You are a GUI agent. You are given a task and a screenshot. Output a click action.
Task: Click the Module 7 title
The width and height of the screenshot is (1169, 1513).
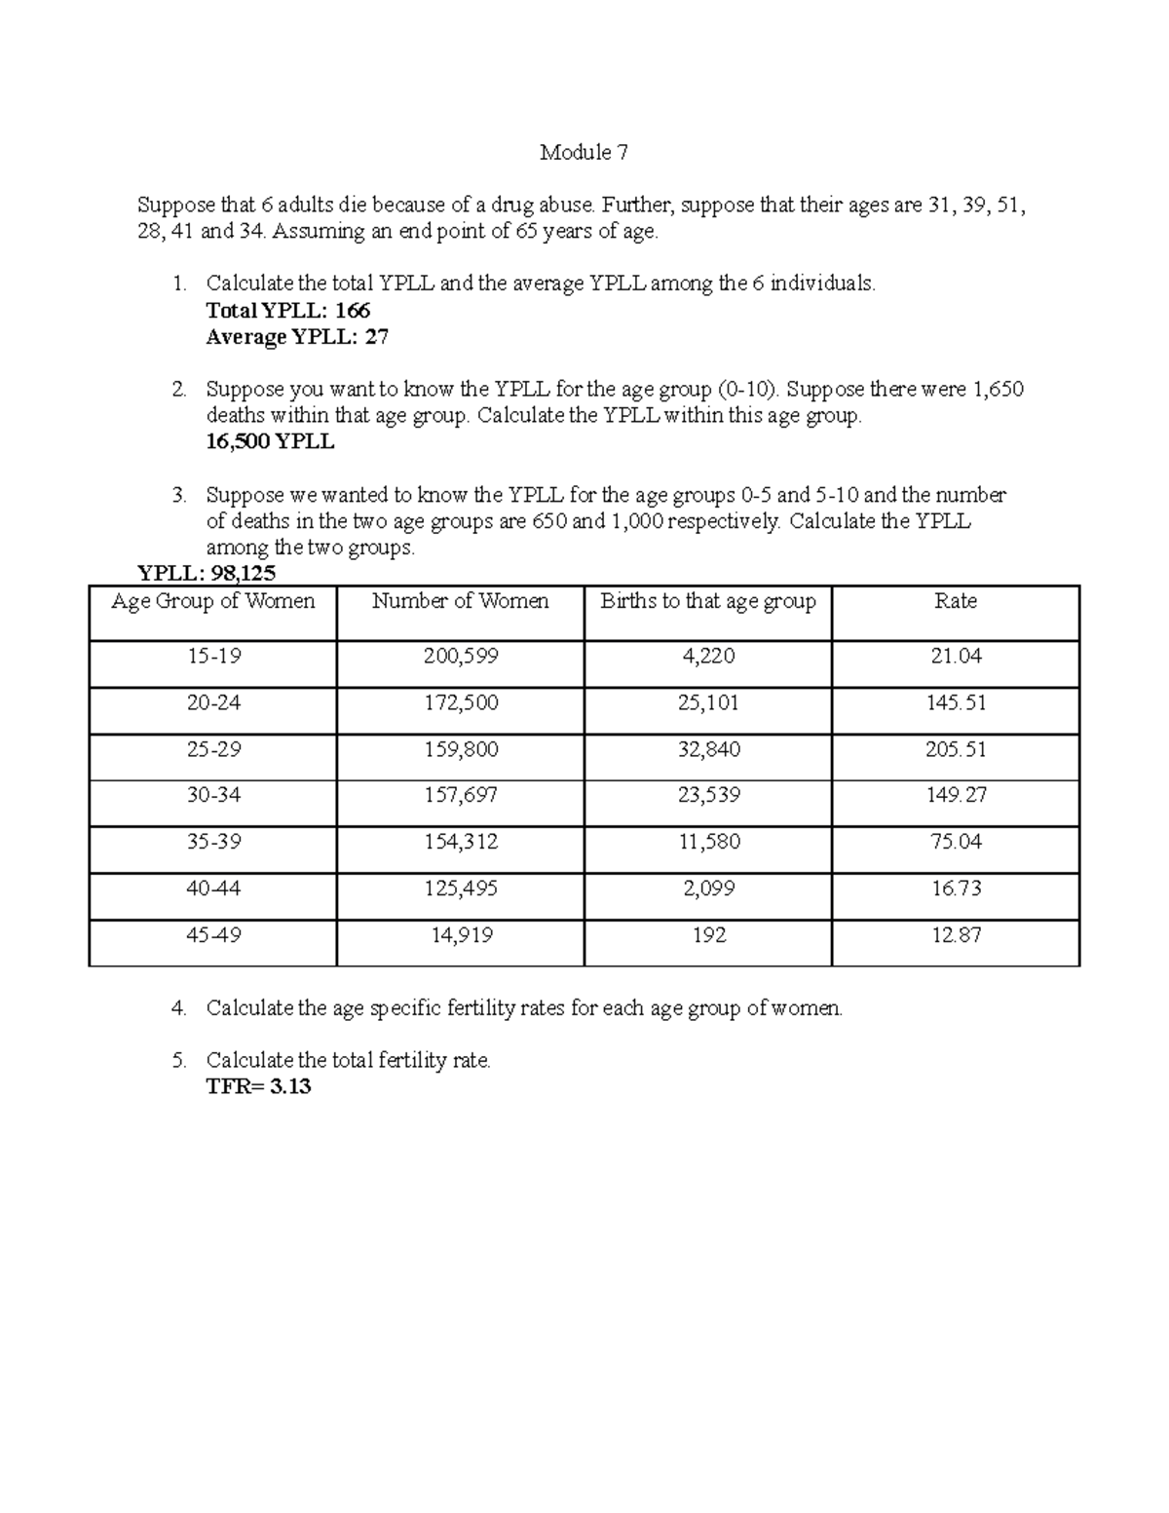click(584, 153)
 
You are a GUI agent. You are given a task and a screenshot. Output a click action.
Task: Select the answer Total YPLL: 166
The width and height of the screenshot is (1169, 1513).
click(288, 311)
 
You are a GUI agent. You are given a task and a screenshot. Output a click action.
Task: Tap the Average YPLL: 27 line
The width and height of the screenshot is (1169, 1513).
click(297, 337)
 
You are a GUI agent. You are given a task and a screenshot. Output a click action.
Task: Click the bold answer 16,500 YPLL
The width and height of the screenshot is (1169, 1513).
click(270, 441)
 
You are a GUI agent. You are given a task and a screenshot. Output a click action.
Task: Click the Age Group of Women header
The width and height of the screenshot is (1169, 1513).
click(212, 602)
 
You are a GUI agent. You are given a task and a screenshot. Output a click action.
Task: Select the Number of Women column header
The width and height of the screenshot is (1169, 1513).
click(460, 602)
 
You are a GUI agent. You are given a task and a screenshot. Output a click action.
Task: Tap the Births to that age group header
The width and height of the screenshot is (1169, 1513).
click(707, 602)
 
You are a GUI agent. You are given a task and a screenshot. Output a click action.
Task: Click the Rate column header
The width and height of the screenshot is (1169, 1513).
click(955, 602)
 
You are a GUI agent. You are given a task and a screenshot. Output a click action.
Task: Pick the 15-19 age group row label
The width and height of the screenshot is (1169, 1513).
click(213, 657)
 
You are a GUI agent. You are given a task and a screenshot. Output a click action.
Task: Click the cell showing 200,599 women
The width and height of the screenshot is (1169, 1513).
click(460, 657)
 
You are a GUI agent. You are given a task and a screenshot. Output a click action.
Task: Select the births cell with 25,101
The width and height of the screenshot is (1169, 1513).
click(708, 703)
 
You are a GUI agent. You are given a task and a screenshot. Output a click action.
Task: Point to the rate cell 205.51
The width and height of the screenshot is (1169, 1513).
click(955, 750)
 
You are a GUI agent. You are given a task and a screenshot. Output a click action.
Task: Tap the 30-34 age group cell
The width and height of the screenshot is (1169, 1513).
click(213, 796)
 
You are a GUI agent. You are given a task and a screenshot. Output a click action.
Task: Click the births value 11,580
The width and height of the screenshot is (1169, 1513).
click(708, 843)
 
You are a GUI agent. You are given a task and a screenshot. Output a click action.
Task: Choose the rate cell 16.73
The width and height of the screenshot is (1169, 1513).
click(955, 889)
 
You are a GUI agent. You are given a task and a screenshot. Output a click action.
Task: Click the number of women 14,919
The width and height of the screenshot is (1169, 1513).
click(462, 935)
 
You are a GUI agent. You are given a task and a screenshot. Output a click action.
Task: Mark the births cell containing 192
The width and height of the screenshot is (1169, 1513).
click(708, 935)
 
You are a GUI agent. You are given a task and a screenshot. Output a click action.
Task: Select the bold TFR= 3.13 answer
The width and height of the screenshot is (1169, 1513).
click(258, 1087)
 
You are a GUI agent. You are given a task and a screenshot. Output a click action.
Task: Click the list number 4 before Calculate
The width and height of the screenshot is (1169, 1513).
click(177, 1009)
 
